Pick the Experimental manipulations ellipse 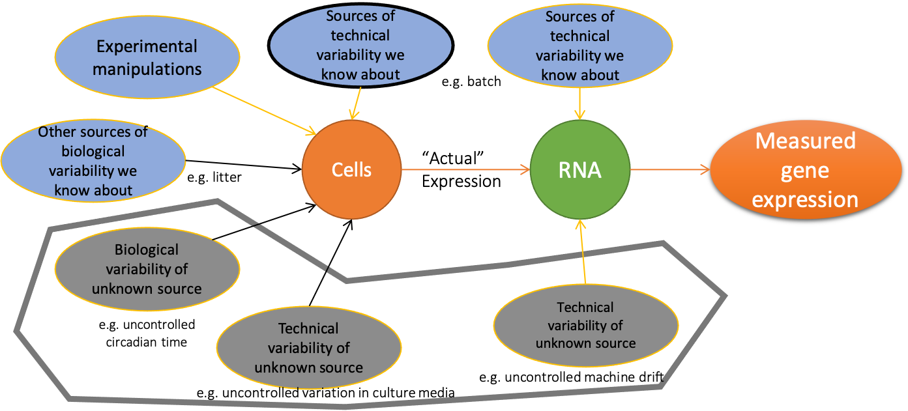click(x=147, y=57)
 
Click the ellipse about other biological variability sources click(x=93, y=161)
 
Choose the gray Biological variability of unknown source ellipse click(x=147, y=268)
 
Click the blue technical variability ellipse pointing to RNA click(x=579, y=46)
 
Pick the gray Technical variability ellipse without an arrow click(x=308, y=348)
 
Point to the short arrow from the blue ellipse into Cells click(x=355, y=105)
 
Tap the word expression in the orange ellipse click(x=805, y=199)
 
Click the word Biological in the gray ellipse click(x=147, y=249)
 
